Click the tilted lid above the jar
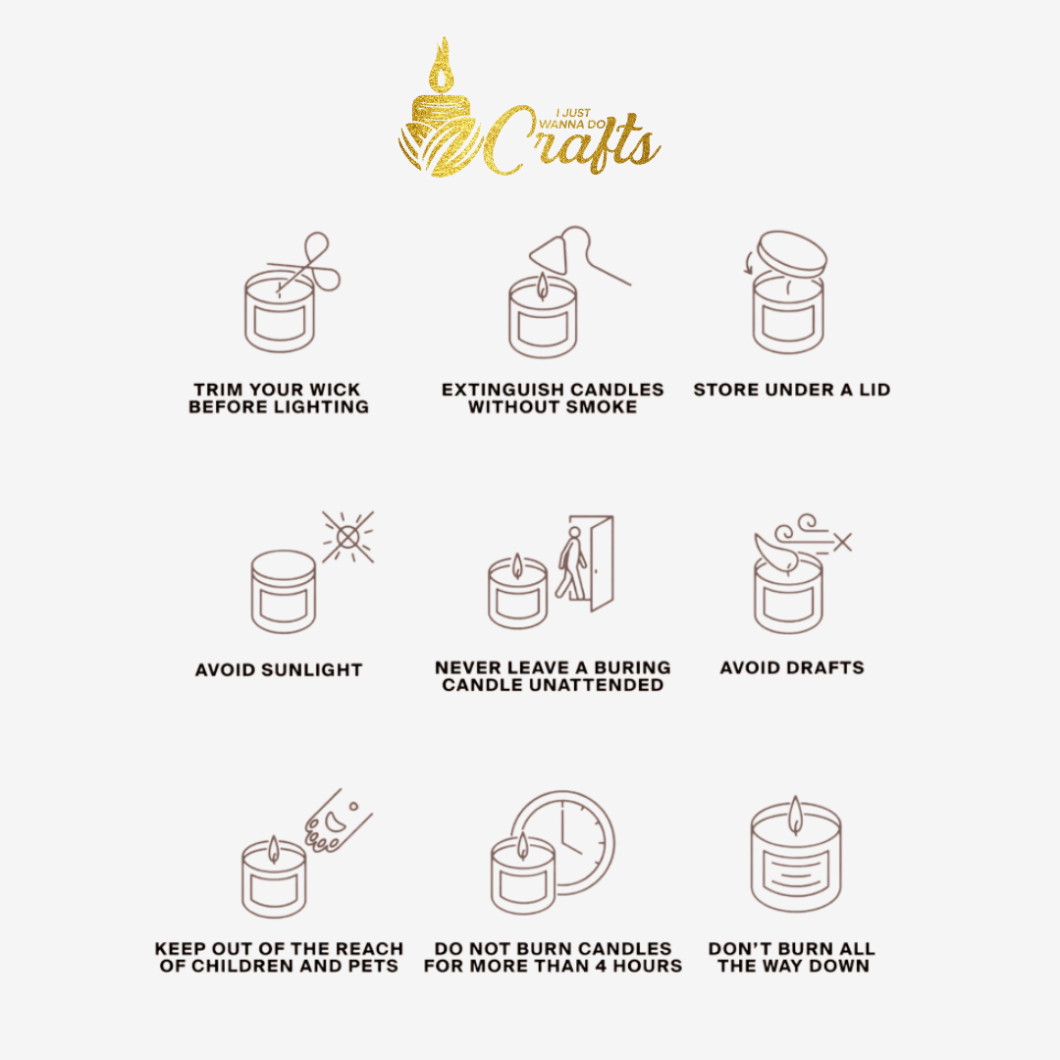[792, 254]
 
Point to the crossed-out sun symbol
[347, 538]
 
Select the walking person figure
[571, 563]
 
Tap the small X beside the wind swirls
[842, 542]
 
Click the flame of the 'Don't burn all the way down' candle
[796, 814]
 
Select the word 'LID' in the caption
[874, 390]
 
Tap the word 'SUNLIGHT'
[312, 670]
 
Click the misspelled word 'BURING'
[633, 668]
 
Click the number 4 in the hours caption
[601, 966]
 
